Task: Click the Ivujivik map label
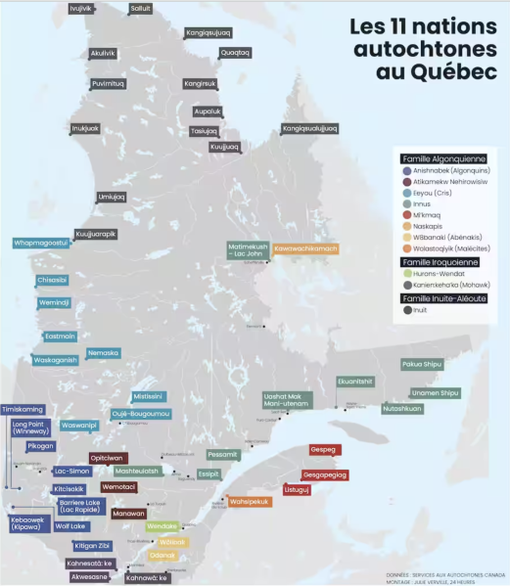pyautogui.click(x=80, y=9)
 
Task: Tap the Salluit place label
pyautogui.click(x=140, y=8)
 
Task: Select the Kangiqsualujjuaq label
pyautogui.click(x=309, y=128)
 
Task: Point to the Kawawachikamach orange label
pyautogui.click(x=305, y=248)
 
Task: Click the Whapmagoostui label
pyautogui.click(x=41, y=243)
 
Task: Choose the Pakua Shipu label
pyautogui.click(x=422, y=365)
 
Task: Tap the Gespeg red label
pyautogui.click(x=323, y=450)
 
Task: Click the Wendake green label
pyautogui.click(x=162, y=526)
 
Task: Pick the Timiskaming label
pyautogui.click(x=23, y=409)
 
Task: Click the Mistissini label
pyautogui.click(x=148, y=396)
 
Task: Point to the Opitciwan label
pyautogui.click(x=108, y=458)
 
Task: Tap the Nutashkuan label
pyautogui.click(x=402, y=409)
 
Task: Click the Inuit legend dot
pyautogui.click(x=406, y=310)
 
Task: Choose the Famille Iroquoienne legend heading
pyautogui.click(x=442, y=261)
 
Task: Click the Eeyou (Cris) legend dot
pyautogui.click(x=406, y=193)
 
